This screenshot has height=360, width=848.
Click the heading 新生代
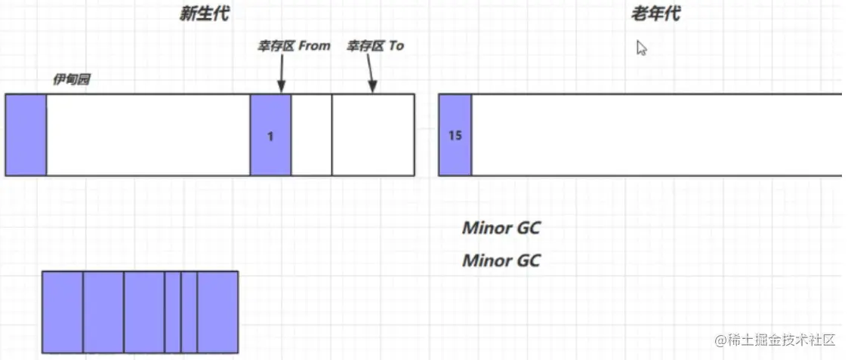pyautogui.click(x=205, y=14)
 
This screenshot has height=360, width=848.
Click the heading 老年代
pyautogui.click(x=655, y=14)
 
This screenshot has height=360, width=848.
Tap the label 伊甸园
pyautogui.click(x=71, y=80)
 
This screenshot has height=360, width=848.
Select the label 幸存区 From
pyautogui.click(x=293, y=46)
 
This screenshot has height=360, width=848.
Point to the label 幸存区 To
pyautogui.click(x=375, y=46)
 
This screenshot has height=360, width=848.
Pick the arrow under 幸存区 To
pyautogui.click(x=371, y=73)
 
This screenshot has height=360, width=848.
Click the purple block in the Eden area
pyautogui.click(x=26, y=134)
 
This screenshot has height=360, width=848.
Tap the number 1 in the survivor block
pyautogui.click(x=270, y=137)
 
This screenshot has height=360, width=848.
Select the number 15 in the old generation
pyautogui.click(x=455, y=135)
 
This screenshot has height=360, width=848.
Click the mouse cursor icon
pyautogui.click(x=641, y=48)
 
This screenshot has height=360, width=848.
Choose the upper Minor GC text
pyautogui.click(x=501, y=228)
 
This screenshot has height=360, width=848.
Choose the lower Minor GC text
pyautogui.click(x=501, y=260)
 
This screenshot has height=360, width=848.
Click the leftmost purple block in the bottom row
pyautogui.click(x=63, y=312)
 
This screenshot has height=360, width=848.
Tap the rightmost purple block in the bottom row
pyautogui.click(x=218, y=312)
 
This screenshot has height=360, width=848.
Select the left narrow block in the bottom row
pyautogui.click(x=173, y=312)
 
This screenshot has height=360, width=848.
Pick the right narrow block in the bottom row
pyautogui.click(x=190, y=312)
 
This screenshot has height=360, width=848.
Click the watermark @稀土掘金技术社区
pyautogui.click(x=776, y=340)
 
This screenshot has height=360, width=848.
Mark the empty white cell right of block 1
pyautogui.click(x=312, y=134)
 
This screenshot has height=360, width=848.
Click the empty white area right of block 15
pyautogui.click(x=656, y=134)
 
